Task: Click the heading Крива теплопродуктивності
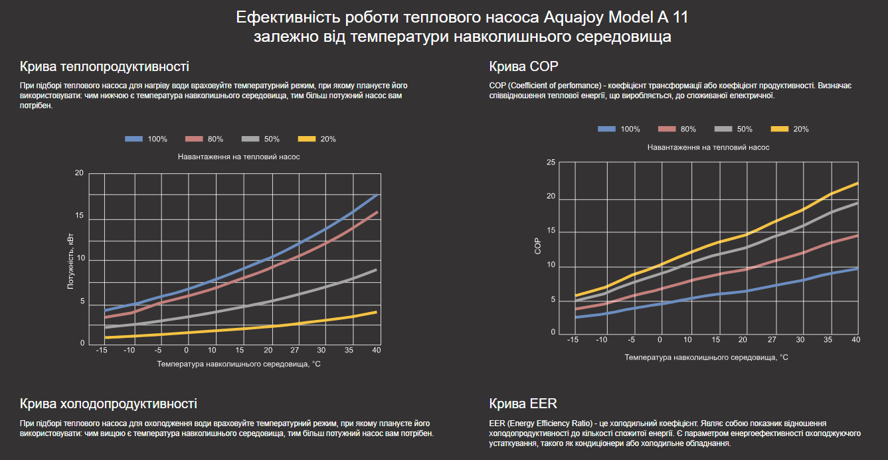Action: pyautogui.click(x=104, y=66)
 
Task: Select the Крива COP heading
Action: pyautogui.click(x=523, y=66)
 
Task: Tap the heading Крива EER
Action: pyautogui.click(x=523, y=404)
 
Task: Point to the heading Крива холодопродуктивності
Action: pyautogui.click(x=108, y=404)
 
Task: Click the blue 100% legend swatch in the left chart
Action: pyautogui.click(x=134, y=139)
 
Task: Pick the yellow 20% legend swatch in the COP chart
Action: pyautogui.click(x=778, y=129)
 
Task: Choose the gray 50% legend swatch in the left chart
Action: pyautogui.click(x=250, y=139)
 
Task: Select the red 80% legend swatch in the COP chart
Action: pyautogui.click(x=666, y=129)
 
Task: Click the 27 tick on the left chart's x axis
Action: pyautogui.click(x=294, y=350)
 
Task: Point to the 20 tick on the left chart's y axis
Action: pyautogui.click(x=80, y=173)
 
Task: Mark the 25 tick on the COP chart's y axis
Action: pyautogui.click(x=549, y=163)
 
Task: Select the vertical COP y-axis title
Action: pyautogui.click(x=537, y=246)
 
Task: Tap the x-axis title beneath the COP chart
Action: pyautogui.click(x=706, y=357)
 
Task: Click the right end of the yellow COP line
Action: pyautogui.click(x=857, y=183)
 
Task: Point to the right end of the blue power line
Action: pyautogui.click(x=377, y=194)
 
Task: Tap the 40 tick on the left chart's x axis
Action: pyautogui.click(x=377, y=350)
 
